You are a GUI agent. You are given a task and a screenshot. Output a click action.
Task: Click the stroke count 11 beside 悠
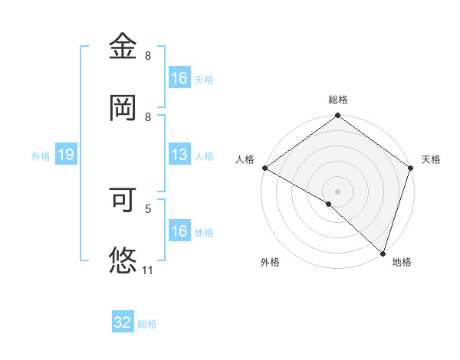pos(149,270)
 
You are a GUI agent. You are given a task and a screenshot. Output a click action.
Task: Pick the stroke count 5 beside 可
pos(148,208)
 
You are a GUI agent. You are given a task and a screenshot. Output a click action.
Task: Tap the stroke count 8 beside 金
pos(148,56)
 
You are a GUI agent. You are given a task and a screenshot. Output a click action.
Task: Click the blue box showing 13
pos(179,155)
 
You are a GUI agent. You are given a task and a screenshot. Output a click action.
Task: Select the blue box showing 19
pos(65,155)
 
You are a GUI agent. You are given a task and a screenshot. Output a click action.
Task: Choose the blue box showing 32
pos(123,322)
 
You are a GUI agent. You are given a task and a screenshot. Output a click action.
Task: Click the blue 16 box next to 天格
pos(179,77)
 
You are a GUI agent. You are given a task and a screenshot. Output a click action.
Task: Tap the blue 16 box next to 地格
pos(179,231)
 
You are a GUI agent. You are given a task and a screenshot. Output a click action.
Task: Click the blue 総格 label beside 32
pos(147,324)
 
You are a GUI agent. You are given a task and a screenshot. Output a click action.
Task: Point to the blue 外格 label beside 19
pos(41,156)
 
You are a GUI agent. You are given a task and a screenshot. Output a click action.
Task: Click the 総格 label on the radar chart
pos(338,100)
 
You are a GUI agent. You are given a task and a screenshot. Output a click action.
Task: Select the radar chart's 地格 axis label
pos(402,262)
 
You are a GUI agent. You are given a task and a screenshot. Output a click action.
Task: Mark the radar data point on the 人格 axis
pos(264,168)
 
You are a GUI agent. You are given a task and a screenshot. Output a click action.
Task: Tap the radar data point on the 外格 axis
pos(329,204)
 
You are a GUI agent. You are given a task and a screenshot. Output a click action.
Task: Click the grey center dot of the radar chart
pos(337,191)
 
